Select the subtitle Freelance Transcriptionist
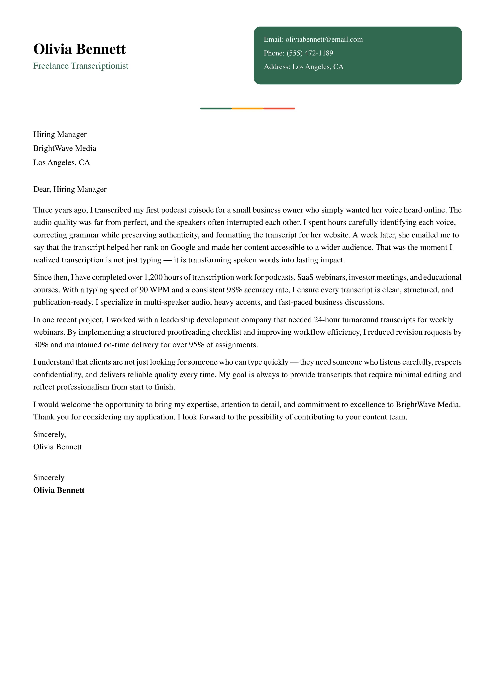coord(81,66)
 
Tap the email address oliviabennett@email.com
coord(324,39)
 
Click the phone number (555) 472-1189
coord(310,53)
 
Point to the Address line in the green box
coord(303,67)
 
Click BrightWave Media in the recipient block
coord(65,148)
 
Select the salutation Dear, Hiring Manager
coord(70,189)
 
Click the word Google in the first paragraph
coord(183,247)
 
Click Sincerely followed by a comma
coord(49,434)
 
